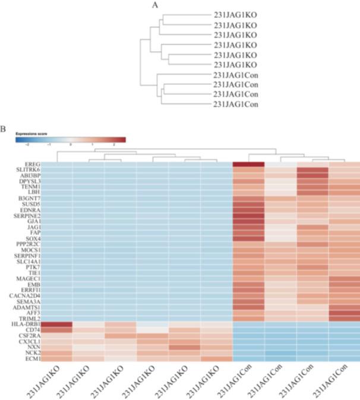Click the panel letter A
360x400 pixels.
[155, 5]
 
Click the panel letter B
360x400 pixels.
[3, 128]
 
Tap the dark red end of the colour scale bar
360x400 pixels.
[121, 140]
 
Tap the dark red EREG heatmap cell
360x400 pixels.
[248, 164]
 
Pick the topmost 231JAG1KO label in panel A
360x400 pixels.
[236, 14]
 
